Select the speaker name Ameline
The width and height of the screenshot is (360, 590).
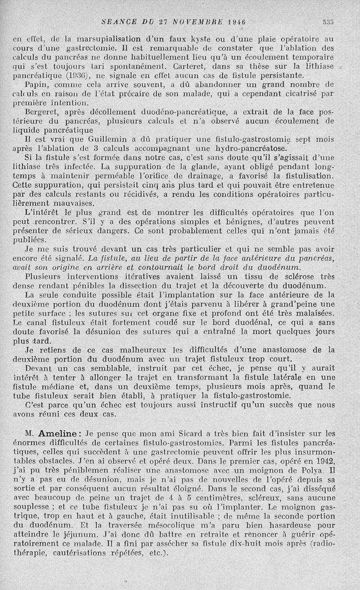pos(59,435)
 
